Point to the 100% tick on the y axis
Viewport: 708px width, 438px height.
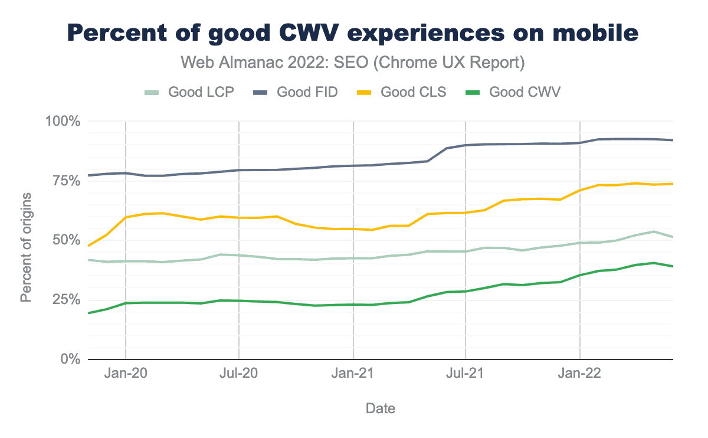coord(63,121)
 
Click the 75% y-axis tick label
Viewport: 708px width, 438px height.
coord(65,181)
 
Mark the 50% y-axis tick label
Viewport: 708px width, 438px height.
coord(65,240)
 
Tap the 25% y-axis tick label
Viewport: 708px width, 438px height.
coord(65,300)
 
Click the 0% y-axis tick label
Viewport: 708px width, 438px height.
coord(69,359)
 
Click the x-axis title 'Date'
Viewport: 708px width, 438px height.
coord(381,408)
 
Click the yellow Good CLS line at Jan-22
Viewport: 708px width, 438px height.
coord(580,190)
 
